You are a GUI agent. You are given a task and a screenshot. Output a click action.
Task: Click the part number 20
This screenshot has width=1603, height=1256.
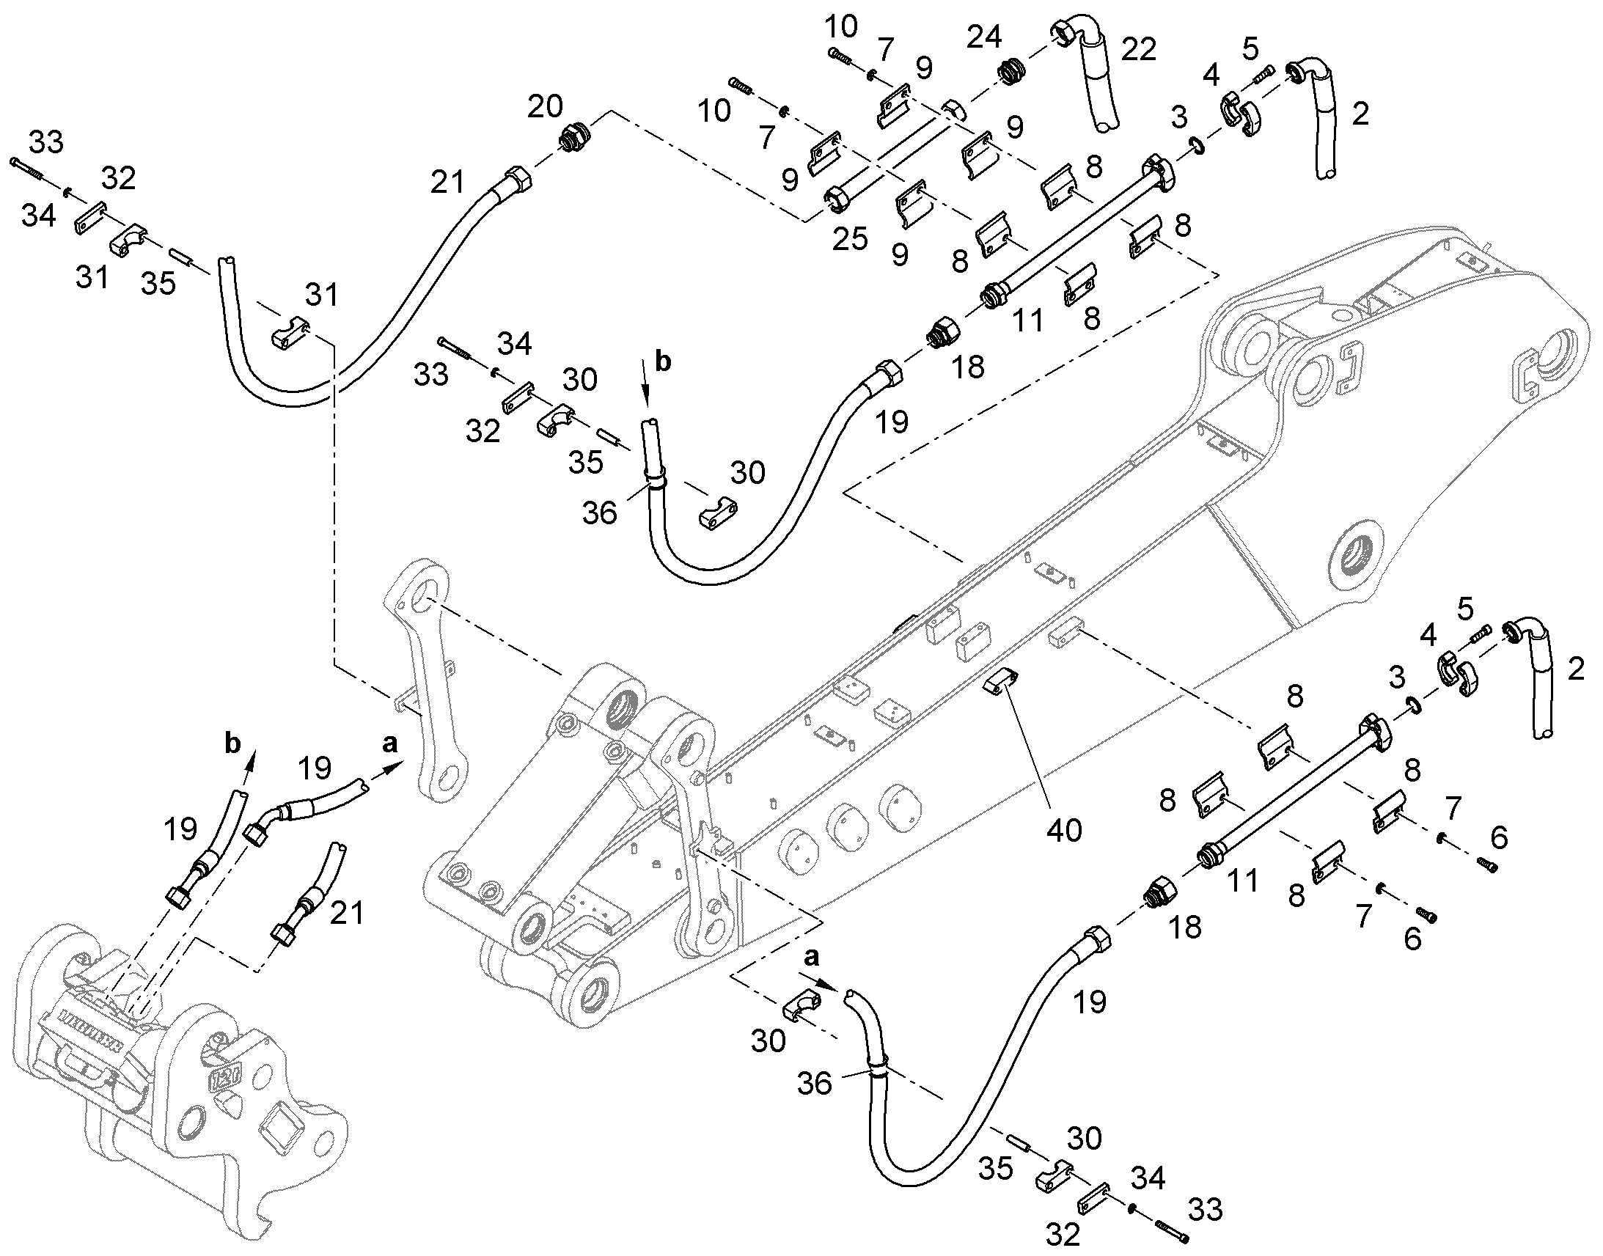tap(546, 106)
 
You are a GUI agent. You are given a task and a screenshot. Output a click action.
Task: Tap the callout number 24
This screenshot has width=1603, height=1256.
tap(984, 37)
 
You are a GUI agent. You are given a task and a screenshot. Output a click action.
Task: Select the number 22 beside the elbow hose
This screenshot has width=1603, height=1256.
tap(1139, 49)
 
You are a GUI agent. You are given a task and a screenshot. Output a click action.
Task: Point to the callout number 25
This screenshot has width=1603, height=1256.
tap(851, 239)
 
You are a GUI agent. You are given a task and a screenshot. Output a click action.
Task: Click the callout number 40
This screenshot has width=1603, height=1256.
tap(1064, 830)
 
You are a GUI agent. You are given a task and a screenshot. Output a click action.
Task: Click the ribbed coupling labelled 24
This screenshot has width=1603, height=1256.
tap(1011, 73)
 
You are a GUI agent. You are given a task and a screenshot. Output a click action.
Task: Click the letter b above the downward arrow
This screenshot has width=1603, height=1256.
tap(663, 362)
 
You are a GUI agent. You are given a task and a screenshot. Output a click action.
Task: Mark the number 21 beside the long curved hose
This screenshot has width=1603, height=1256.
tap(448, 181)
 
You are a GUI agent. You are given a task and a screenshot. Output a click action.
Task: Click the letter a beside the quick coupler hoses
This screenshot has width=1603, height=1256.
tap(389, 744)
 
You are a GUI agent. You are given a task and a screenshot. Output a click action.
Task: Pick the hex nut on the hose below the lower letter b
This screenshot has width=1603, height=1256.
tap(178, 898)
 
